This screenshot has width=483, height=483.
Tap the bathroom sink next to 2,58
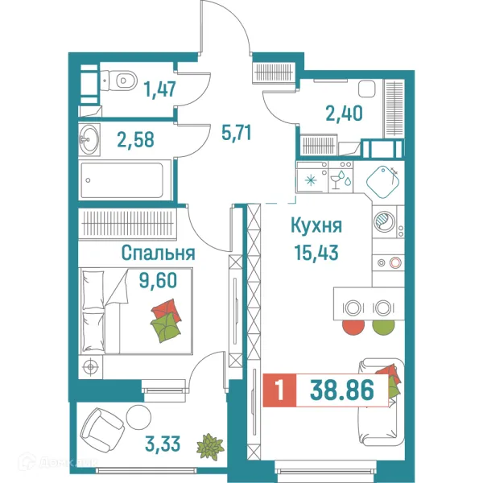click(x=89, y=141)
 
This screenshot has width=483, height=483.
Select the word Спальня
click(x=159, y=253)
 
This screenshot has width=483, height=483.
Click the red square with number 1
click(x=279, y=393)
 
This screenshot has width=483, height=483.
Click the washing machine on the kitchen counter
click(x=386, y=223)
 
